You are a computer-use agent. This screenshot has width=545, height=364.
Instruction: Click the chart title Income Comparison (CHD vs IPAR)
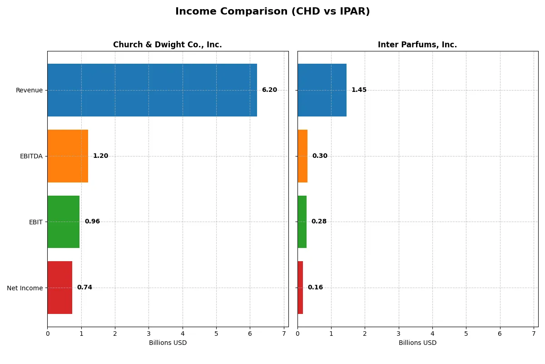(272, 12)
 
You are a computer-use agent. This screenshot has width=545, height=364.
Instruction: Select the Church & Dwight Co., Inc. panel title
(167, 45)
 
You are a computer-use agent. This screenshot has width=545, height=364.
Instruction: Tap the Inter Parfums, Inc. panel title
(417, 45)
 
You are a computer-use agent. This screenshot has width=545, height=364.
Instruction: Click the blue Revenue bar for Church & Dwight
(152, 90)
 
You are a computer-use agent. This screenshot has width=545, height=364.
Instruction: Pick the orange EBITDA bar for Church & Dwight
(68, 156)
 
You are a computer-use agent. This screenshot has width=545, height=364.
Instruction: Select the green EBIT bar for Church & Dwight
(64, 222)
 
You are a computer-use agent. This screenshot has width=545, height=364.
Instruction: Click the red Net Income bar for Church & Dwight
(59, 288)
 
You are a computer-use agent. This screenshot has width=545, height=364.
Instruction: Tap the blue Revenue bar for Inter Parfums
(322, 90)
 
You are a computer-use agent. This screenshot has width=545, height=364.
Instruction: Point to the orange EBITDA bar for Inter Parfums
(302, 156)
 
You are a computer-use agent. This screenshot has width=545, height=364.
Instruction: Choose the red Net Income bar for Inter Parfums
(300, 288)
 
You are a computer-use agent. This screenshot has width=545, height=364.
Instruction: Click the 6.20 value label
(269, 90)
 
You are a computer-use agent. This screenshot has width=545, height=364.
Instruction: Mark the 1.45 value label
(359, 90)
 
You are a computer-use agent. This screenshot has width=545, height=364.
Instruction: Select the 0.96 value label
(92, 222)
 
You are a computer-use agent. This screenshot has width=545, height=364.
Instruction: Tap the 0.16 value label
(315, 288)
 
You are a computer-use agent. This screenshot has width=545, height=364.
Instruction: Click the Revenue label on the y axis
(29, 90)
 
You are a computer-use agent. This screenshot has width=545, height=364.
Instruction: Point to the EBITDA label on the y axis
(31, 156)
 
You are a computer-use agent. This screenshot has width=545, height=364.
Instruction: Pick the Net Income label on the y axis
(25, 288)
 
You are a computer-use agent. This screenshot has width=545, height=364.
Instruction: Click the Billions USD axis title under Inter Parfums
(417, 343)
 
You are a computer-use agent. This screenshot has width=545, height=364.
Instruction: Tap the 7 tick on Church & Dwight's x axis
(284, 334)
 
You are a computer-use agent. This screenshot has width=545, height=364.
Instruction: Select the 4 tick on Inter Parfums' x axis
(432, 334)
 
